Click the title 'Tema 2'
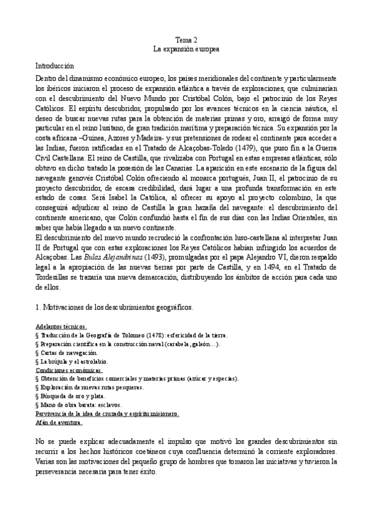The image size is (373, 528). (186, 39)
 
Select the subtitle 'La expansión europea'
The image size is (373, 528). (186, 49)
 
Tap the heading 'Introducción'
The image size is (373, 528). (54, 65)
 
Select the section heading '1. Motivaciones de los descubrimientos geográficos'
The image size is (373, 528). (114, 307)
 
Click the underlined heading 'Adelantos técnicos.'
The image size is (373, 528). (62, 326)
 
